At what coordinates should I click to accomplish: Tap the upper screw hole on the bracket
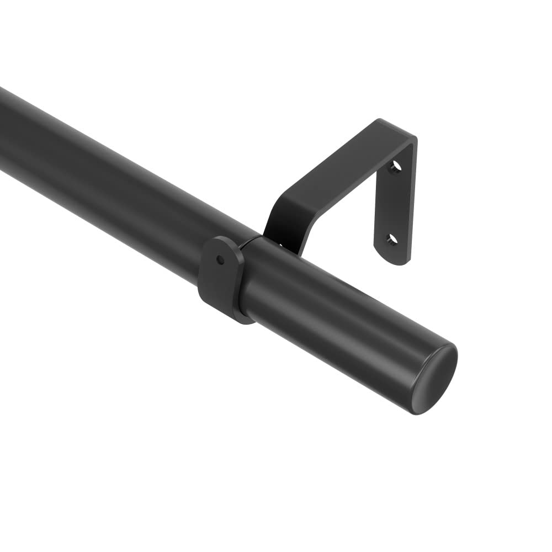pyautogui.click(x=394, y=166)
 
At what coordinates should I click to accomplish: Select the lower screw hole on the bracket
pyautogui.click(x=391, y=239)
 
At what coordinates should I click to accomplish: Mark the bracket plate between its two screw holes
pyautogui.click(x=393, y=203)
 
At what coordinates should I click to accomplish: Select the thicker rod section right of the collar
pyautogui.click(x=331, y=309)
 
